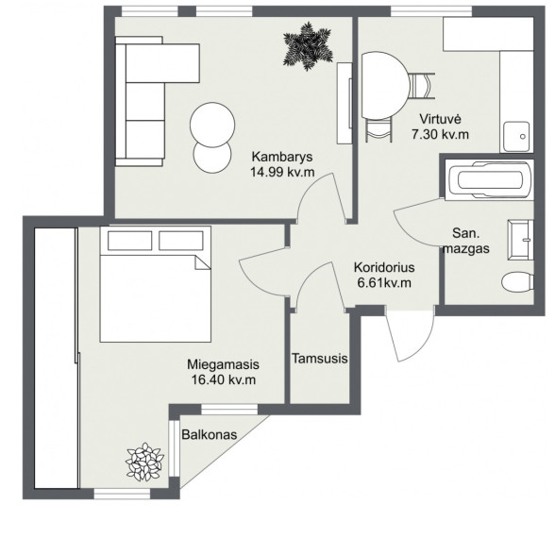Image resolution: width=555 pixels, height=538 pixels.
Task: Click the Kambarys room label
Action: [282, 157]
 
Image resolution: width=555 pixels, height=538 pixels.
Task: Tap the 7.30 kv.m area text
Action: [440, 134]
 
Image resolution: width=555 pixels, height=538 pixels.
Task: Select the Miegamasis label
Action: [223, 364]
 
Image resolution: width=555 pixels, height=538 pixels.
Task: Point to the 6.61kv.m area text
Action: [384, 283]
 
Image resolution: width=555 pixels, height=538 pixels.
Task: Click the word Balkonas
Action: [210, 434]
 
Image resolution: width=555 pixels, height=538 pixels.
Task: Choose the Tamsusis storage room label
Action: [320, 359]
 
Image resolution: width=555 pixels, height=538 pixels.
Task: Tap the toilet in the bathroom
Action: [517, 281]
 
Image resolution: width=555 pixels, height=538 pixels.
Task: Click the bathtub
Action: [489, 180]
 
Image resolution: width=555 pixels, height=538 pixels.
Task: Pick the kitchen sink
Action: [517, 137]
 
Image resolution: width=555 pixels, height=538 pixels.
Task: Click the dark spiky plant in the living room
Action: [308, 46]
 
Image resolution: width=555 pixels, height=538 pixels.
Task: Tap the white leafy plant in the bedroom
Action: [144, 462]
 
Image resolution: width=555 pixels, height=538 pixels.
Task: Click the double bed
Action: [156, 284]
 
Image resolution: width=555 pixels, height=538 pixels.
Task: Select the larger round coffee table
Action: [212, 125]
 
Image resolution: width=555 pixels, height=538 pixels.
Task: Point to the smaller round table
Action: [212, 156]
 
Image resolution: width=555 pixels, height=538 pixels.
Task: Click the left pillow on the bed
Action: [130, 241]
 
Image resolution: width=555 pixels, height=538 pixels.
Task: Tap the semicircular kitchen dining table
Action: [386, 86]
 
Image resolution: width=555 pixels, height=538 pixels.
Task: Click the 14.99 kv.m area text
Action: [282, 172]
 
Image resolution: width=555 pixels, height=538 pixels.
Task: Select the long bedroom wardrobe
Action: [57, 359]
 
